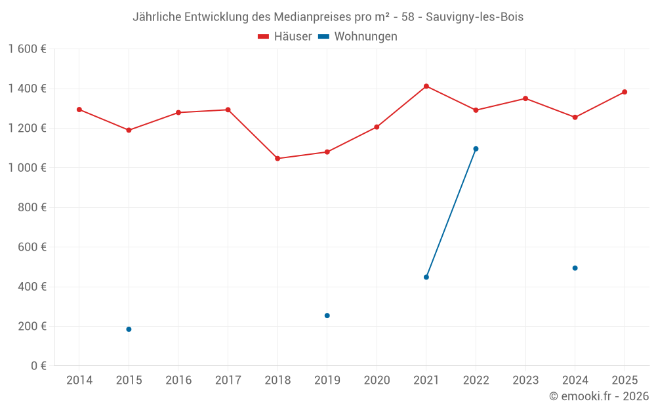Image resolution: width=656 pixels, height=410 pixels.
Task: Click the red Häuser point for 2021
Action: pyautogui.click(x=426, y=86)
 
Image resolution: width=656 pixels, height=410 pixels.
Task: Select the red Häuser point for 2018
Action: pyautogui.click(x=277, y=158)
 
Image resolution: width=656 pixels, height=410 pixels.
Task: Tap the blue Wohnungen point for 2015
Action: pyautogui.click(x=129, y=329)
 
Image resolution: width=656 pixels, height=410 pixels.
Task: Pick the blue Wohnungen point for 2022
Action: pyautogui.click(x=476, y=149)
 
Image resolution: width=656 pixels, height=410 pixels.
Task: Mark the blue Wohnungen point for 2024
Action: pyautogui.click(x=575, y=268)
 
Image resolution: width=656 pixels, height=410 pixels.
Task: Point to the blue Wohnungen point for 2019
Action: pyautogui.click(x=327, y=316)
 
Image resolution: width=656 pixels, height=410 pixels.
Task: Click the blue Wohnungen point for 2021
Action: pyautogui.click(x=426, y=277)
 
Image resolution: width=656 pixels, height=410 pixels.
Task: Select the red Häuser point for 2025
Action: pyautogui.click(x=625, y=92)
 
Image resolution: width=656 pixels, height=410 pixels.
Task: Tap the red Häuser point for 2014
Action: pyautogui.click(x=79, y=110)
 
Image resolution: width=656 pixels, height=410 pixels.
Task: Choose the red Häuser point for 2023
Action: pyautogui.click(x=525, y=98)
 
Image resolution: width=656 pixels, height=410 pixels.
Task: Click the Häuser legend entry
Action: pyautogui.click(x=285, y=37)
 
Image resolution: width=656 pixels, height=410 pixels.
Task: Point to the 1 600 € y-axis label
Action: pyautogui.click(x=27, y=49)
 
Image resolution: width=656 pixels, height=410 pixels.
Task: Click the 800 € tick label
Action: pyautogui.click(x=32, y=207)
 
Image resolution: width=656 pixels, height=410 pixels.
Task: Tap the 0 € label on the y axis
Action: pyautogui.click(x=37, y=366)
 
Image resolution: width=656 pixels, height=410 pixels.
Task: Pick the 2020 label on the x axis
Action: pyautogui.click(x=377, y=380)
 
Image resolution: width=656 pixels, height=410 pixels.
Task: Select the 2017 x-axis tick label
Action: pyautogui.click(x=228, y=380)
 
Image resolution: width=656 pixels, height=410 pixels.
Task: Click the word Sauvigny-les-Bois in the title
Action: pyautogui.click(x=474, y=17)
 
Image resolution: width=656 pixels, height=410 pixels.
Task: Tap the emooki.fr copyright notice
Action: pyautogui.click(x=599, y=396)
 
